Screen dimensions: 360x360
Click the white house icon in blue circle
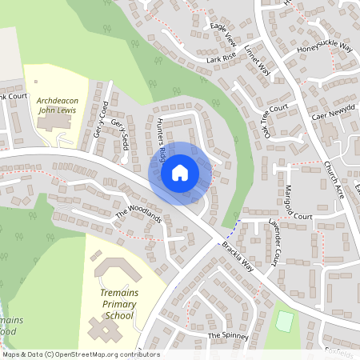coord(180,172)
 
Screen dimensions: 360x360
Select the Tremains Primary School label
coord(118,305)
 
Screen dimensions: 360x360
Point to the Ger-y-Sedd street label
coord(120,133)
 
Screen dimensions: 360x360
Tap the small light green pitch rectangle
coord(284,321)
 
